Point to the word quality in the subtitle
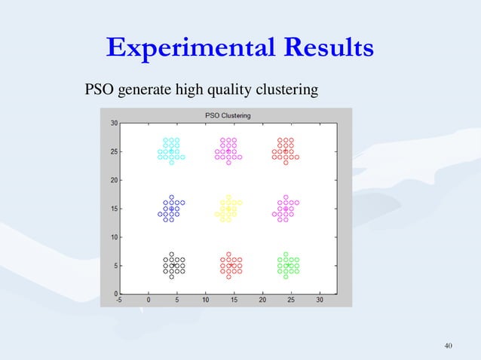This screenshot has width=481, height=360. pos(227,91)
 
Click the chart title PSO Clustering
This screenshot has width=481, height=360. pos(228,115)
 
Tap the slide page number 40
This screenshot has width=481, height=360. pos(449,346)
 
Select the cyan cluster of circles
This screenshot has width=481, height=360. pos(171,151)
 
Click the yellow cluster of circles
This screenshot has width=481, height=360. pos(228,209)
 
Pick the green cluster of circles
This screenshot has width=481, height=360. pos(286,265)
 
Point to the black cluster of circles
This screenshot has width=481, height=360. pos(172,265)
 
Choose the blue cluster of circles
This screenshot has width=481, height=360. pos(171,209)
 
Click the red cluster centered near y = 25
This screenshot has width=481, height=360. pos(286,151)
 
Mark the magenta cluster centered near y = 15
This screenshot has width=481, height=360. pos(286,209)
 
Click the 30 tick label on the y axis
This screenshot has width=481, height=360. pos(112,123)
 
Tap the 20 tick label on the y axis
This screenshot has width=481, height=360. pos(112,180)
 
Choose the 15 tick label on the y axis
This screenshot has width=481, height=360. pos(112,209)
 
